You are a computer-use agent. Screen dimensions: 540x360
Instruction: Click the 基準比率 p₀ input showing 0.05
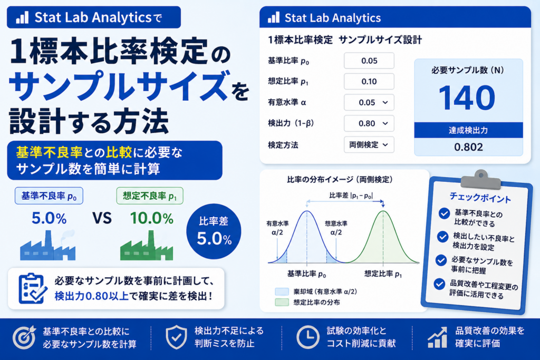(x=369, y=61)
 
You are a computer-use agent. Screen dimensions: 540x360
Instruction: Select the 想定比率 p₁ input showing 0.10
(x=369, y=82)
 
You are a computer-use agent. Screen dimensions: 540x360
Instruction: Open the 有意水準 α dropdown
(x=369, y=103)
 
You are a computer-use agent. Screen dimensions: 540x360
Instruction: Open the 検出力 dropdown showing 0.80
(x=369, y=123)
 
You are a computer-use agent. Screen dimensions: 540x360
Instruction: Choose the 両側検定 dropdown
(x=369, y=145)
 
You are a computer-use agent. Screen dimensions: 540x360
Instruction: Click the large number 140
(x=467, y=98)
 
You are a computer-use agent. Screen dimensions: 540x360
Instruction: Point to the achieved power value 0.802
(x=468, y=147)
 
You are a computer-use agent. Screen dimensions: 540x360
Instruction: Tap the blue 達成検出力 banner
(x=468, y=130)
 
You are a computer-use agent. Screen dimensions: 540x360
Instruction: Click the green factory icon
(x=147, y=246)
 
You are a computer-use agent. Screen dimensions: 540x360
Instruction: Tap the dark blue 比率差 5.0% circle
(x=214, y=231)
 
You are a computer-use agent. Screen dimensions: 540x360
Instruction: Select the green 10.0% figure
(x=151, y=218)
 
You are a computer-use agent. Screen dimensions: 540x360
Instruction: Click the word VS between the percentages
(x=102, y=218)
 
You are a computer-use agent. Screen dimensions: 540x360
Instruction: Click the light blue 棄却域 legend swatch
(x=282, y=292)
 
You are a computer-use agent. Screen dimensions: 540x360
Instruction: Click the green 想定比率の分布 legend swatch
(x=282, y=303)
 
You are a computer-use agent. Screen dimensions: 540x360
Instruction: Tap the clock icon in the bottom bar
(x=307, y=337)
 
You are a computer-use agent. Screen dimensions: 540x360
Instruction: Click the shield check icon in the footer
(x=176, y=337)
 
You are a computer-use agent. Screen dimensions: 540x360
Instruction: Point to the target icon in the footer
(x=24, y=337)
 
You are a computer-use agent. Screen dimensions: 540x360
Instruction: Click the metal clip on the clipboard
(x=481, y=180)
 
